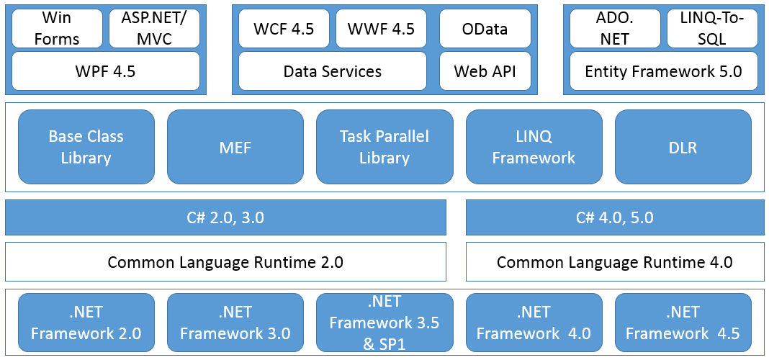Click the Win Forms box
point(57,29)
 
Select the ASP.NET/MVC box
point(154,29)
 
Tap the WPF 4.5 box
point(106,71)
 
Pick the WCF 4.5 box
point(284,29)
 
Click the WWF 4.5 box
point(381,29)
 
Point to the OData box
point(485,29)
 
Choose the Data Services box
point(333,71)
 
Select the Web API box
point(485,71)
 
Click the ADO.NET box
point(615,29)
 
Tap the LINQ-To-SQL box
point(713,29)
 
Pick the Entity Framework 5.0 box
point(664,71)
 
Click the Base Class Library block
point(86,147)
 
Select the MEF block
point(235,147)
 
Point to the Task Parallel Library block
point(384,147)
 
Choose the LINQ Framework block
point(534,147)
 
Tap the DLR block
point(683,147)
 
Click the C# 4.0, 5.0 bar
point(615,217)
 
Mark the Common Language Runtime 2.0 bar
point(225,261)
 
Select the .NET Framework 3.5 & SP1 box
point(384,323)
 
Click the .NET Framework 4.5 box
point(683,323)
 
